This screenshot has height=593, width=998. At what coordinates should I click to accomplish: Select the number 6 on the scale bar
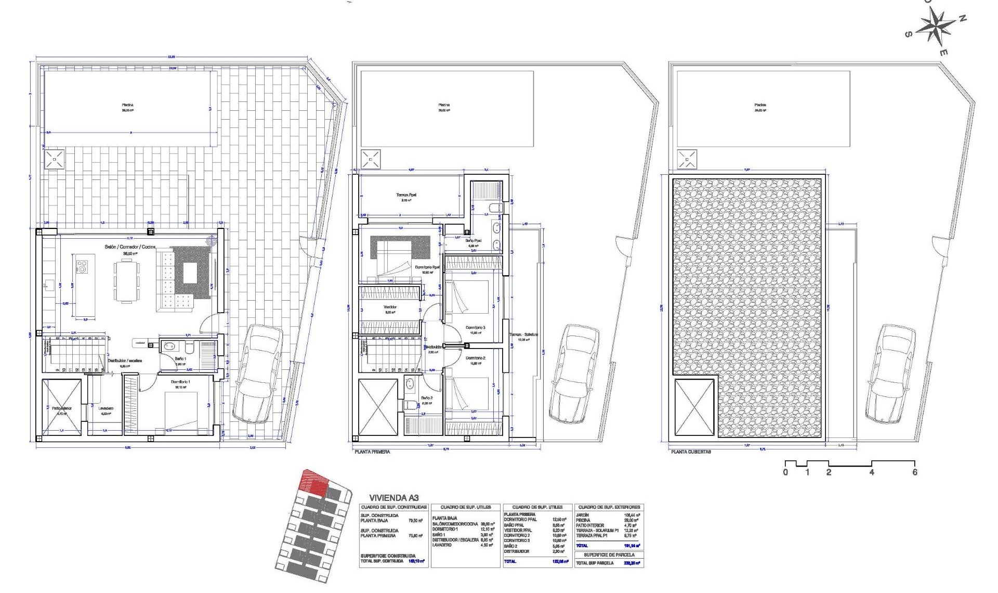[x=914, y=472]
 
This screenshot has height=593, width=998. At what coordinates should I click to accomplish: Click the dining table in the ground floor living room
[x=127, y=281]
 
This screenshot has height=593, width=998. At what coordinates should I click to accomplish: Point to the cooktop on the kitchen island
[x=82, y=267]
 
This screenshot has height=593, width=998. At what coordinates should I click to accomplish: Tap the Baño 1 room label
[x=180, y=359]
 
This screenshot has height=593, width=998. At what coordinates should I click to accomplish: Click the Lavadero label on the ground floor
[x=106, y=408]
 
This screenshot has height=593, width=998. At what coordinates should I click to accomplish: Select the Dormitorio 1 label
[x=180, y=382]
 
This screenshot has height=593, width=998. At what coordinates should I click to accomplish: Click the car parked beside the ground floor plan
[x=258, y=373]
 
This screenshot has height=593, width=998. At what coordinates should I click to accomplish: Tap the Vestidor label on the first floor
[x=390, y=307]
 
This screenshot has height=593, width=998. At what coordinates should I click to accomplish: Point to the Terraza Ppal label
[x=405, y=195]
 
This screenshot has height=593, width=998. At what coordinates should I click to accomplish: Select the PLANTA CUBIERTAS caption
[x=691, y=452]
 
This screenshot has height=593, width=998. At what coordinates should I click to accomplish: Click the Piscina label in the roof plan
[x=760, y=105]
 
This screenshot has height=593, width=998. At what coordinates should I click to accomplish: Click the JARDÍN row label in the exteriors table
[x=582, y=515]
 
